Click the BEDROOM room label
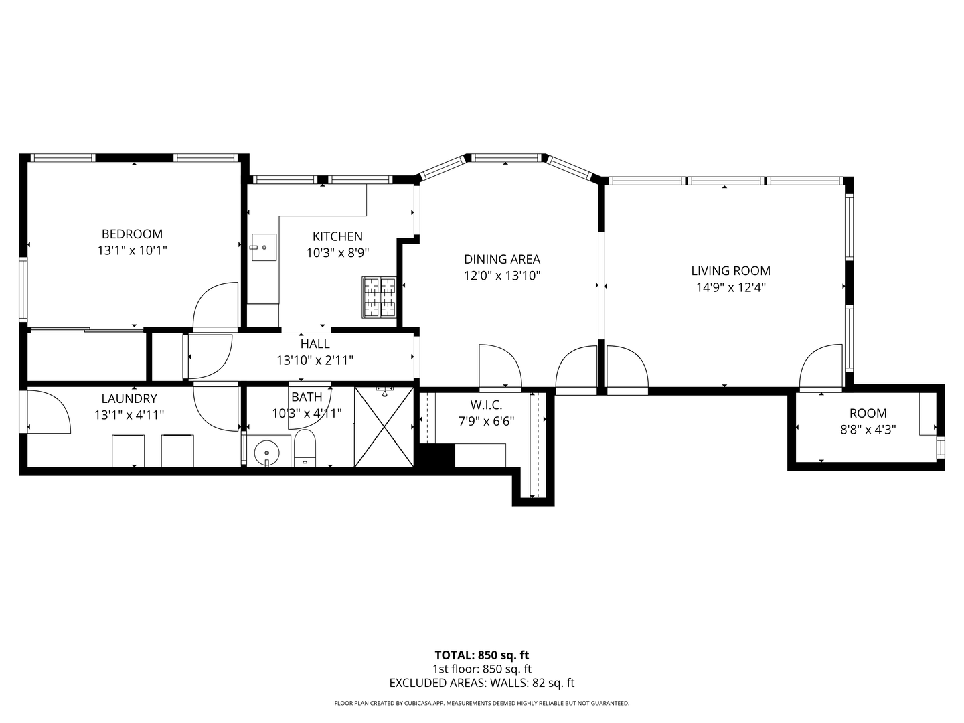pos(132,234)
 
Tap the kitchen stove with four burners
pos(380,297)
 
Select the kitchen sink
pos(264,247)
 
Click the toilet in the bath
pos(305,449)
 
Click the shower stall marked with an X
pos(384,426)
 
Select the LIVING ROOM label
pos(730,271)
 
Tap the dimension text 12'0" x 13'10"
pos(502,276)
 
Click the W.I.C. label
pos(486,405)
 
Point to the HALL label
pos(315,344)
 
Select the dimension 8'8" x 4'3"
pos(868,430)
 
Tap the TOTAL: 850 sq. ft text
pos(481,655)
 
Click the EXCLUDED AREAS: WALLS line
pos(481,684)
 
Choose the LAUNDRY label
pos(129,399)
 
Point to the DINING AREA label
pos(501,260)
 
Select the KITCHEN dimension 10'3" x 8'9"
pos(337,253)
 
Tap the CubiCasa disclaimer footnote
pos(481,704)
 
